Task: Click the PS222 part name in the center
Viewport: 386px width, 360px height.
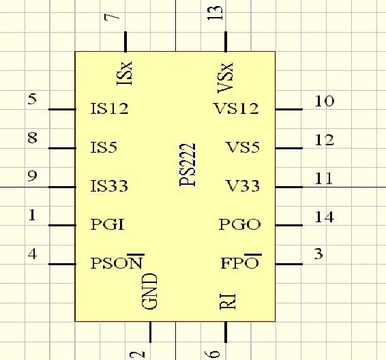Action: click(188, 164)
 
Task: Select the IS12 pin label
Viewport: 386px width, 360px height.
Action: click(110, 108)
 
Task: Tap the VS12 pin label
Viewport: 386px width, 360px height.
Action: click(237, 108)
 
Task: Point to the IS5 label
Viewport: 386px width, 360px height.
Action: click(104, 147)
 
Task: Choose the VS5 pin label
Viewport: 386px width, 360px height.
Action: click(243, 147)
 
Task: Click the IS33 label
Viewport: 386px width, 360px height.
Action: click(109, 185)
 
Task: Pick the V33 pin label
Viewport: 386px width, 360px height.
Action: click(243, 185)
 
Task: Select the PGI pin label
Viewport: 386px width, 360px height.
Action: click(108, 224)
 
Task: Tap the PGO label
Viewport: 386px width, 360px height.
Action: click(239, 224)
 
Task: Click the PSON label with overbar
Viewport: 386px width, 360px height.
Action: click(117, 262)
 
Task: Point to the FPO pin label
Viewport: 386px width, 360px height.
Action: click(241, 262)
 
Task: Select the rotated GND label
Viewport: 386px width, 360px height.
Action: click(149, 291)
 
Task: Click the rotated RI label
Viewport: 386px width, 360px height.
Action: click(228, 301)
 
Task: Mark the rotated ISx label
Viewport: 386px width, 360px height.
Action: click(124, 74)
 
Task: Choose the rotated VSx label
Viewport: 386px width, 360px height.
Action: click(225, 78)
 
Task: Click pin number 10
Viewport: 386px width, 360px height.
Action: click(325, 101)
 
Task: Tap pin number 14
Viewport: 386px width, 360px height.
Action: click(325, 217)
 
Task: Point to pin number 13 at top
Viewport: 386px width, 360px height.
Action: click(215, 12)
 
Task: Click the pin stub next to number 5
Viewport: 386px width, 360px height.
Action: click(62, 109)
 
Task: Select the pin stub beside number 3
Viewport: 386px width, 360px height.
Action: click(289, 264)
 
